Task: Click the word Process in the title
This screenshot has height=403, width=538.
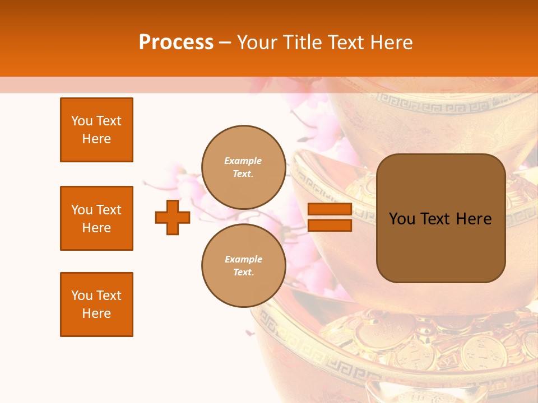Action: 176,43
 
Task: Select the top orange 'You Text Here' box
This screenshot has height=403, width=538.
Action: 96,130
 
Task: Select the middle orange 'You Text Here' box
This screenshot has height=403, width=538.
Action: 96,218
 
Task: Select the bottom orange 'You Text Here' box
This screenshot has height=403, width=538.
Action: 96,304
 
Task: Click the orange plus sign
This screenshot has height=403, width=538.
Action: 173,217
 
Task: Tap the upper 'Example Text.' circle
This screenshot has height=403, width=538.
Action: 243,167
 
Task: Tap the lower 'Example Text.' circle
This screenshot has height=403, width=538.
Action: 243,266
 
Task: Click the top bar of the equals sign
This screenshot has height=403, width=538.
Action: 330,209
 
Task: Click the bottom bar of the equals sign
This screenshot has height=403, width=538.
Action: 330,226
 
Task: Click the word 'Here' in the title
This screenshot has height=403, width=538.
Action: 391,43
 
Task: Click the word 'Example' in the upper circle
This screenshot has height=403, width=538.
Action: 243,161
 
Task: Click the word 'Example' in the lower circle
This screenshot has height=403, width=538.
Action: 243,260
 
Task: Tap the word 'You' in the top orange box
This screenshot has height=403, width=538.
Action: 82,121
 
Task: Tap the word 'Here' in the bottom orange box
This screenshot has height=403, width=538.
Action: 96,313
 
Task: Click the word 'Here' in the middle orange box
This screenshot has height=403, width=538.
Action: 96,228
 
